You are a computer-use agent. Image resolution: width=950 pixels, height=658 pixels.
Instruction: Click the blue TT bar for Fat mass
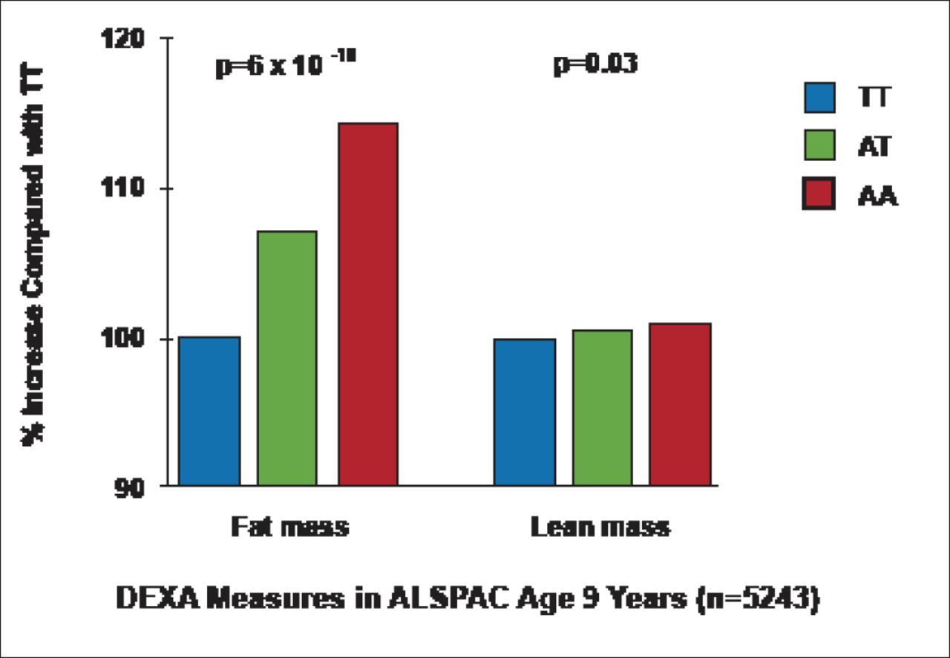tap(209, 411)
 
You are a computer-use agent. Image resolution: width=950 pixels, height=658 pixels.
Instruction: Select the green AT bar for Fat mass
tap(287, 358)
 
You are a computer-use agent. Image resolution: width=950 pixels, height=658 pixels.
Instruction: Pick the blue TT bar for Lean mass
tap(525, 412)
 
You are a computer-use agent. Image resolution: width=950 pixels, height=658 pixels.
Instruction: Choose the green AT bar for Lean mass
tap(602, 407)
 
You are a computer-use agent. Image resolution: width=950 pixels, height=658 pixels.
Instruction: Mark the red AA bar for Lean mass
tap(680, 404)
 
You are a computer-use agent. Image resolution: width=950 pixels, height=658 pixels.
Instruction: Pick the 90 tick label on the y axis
tap(134, 486)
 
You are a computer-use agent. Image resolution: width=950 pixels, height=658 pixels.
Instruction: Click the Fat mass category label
tap(289, 527)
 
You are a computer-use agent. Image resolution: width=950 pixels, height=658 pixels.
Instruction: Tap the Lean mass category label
tap(600, 527)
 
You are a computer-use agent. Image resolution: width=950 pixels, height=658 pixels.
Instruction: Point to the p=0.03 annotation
tap(595, 65)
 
